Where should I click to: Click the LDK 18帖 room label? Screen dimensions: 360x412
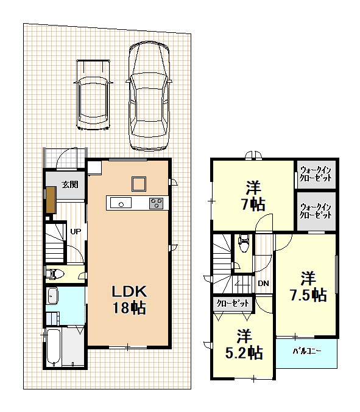click(x=129, y=299)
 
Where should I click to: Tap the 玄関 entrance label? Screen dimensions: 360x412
click(x=70, y=184)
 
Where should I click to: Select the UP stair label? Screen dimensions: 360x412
click(x=76, y=231)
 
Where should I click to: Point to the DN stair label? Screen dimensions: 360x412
click(x=264, y=283)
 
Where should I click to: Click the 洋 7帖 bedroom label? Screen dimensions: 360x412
click(x=253, y=195)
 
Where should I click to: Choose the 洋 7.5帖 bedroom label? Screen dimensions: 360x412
click(x=308, y=287)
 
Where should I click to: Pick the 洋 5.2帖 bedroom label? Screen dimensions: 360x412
click(x=244, y=344)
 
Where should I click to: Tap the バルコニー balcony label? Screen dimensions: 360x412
click(x=307, y=351)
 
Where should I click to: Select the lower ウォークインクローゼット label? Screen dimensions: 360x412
click(x=316, y=211)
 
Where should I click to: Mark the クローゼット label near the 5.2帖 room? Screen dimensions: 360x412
click(x=233, y=304)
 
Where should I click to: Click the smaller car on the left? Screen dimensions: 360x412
click(x=93, y=95)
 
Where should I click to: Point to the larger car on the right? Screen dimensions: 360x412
click(x=149, y=96)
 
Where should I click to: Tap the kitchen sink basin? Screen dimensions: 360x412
click(x=121, y=203)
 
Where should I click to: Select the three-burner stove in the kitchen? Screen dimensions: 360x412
click(x=156, y=203)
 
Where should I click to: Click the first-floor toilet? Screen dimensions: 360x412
click(x=55, y=274)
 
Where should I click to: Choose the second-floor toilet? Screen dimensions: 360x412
click(x=243, y=243)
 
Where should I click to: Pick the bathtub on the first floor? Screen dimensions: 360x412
click(x=54, y=347)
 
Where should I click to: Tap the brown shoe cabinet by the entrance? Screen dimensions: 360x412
click(x=51, y=200)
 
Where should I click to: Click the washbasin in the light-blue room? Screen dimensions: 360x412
click(x=52, y=296)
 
